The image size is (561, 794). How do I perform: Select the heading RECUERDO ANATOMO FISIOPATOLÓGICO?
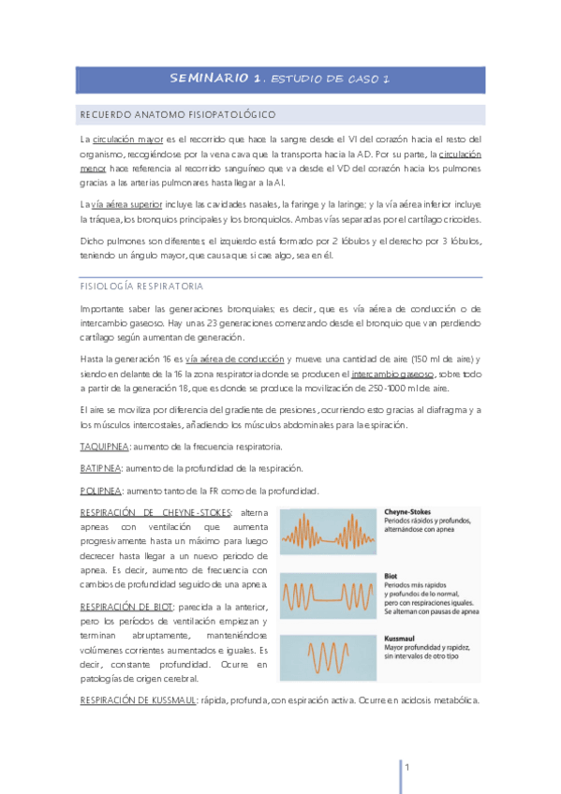pyautogui.click(x=177, y=114)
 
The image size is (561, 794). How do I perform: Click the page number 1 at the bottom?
pyautogui.click(x=408, y=767)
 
